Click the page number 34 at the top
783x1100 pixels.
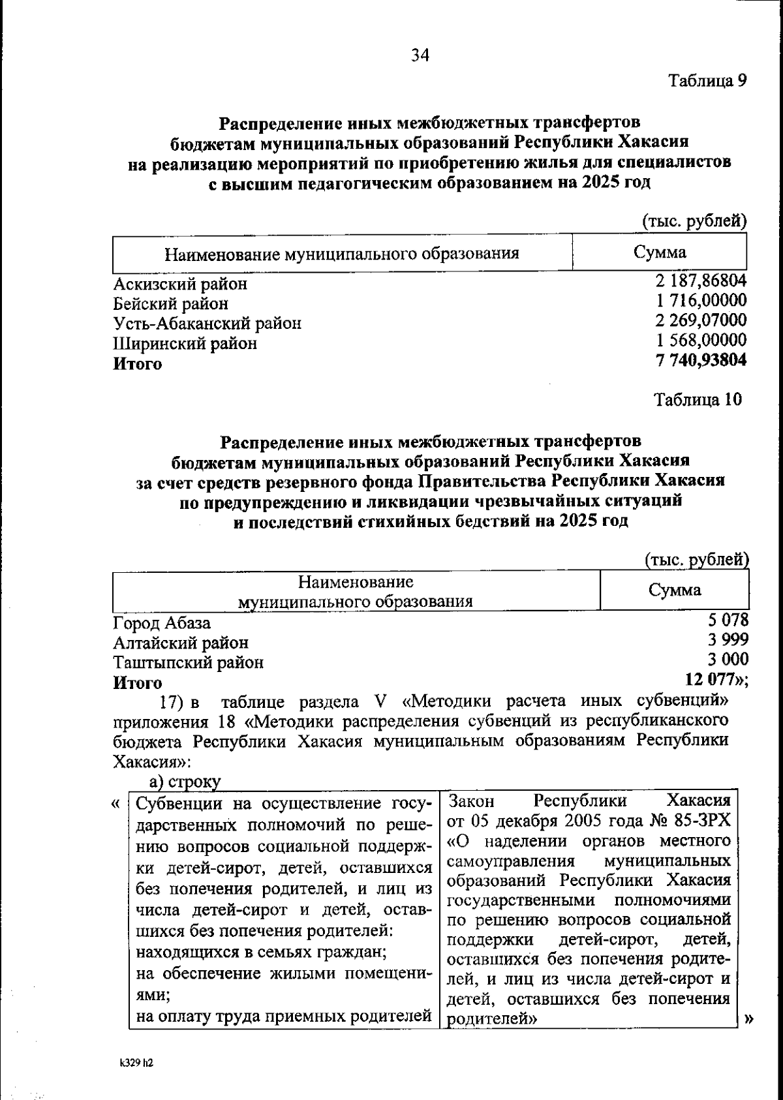420,55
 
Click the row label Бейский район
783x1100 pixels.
171,303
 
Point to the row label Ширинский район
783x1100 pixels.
185,343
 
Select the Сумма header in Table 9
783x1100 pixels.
659,252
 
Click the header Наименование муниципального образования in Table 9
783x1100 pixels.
341,254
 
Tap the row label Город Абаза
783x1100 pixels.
162,623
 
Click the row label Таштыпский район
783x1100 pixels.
189,663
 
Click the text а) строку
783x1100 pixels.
185,781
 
